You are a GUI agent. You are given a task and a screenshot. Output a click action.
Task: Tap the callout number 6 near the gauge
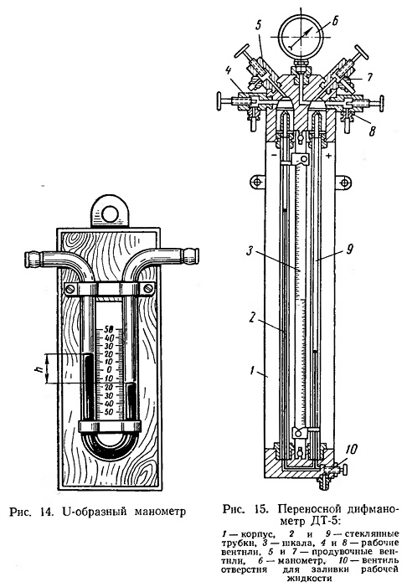click(x=333, y=21)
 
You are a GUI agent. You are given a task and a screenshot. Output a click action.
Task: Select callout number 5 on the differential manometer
click(x=259, y=26)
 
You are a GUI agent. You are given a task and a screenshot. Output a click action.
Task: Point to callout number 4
click(x=228, y=72)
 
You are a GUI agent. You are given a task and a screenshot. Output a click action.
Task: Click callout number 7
click(x=368, y=78)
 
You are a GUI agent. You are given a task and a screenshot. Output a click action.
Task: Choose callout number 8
click(x=372, y=131)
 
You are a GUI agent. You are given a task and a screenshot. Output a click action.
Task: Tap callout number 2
click(x=252, y=318)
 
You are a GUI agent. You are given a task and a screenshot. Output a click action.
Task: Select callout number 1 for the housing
click(x=252, y=371)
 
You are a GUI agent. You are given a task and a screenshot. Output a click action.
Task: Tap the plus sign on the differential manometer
click(x=328, y=157)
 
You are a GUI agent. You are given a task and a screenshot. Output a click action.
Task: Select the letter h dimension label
click(x=37, y=369)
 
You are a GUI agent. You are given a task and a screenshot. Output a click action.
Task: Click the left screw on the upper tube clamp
click(x=71, y=289)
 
